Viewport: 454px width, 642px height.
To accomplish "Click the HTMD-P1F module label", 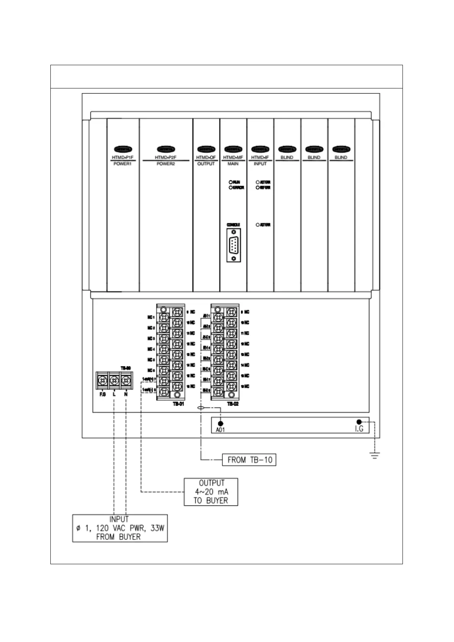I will point(123,157).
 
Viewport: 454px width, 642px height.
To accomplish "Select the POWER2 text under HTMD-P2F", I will point(166,164).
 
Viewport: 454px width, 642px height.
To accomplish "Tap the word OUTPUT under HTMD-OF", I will point(206,164).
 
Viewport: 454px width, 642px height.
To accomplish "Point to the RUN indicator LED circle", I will point(231,182).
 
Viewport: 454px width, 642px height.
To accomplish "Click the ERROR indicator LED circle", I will point(231,188).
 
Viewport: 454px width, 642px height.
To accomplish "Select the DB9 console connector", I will point(233,245).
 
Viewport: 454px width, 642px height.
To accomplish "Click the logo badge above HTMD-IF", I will point(260,149).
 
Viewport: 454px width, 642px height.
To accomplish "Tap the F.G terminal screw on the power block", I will point(103,380).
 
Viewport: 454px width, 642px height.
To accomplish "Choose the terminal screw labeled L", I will point(114,380).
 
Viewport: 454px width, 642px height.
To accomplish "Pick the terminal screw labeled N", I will point(126,380).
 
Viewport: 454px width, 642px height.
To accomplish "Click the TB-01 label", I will point(178,404).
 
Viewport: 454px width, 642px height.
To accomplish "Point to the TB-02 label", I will point(233,404).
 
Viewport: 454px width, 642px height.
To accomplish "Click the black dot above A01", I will point(220,423).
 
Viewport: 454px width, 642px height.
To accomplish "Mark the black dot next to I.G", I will point(359,422).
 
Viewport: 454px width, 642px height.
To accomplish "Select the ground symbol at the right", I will point(375,455).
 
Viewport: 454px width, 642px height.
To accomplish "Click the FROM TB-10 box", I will point(249,460).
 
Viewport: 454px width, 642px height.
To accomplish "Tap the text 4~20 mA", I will point(211,492).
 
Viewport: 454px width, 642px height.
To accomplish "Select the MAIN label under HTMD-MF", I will point(233,164).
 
